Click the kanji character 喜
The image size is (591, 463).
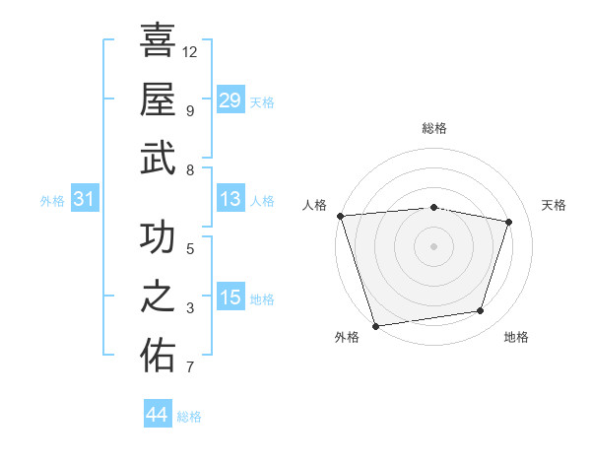pos(158,41)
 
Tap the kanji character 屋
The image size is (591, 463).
pos(158,99)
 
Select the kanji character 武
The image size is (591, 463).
pos(158,158)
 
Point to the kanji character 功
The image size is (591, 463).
pos(158,238)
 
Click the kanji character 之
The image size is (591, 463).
pos(158,298)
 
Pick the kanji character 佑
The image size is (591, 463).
pos(158,356)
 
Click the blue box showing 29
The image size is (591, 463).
pos(230,100)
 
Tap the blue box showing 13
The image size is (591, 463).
pos(230,199)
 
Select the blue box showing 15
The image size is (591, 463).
pos(230,298)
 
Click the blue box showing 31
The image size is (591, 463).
pos(84,199)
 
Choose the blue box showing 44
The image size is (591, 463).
pos(157,415)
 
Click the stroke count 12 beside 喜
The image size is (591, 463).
pos(190,51)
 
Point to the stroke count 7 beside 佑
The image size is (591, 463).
pos(190,367)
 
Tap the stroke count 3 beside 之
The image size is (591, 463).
pos(190,308)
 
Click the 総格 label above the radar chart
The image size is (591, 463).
pos(433,128)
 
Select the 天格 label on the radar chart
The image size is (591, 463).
pos(554,205)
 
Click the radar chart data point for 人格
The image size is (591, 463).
pos(340,216)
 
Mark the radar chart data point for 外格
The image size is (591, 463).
pos(375,325)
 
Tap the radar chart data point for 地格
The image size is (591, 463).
pos(481,311)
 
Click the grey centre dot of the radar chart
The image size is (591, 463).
pos(433,245)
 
